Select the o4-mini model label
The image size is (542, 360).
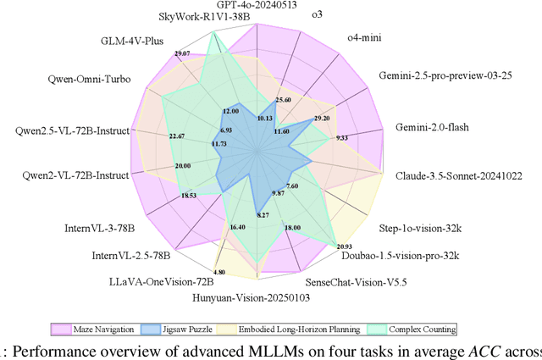click(x=365, y=37)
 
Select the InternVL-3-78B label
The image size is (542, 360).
click(x=101, y=228)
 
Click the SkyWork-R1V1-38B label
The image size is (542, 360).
click(x=182, y=16)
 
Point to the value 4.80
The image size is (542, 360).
click(x=219, y=272)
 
